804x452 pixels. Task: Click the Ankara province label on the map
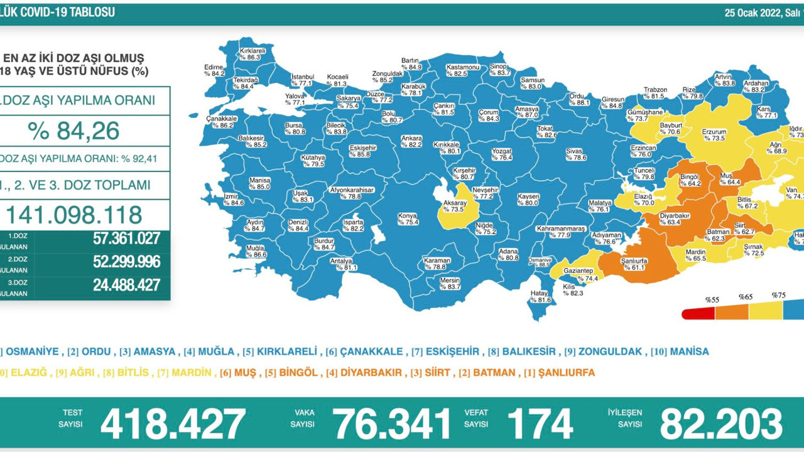point(411,141)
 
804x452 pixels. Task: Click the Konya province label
point(408,218)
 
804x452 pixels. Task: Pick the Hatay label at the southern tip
point(540,297)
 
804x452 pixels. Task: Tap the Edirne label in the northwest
point(214,70)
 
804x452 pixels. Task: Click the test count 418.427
point(173,424)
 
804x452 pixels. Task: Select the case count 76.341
point(391,424)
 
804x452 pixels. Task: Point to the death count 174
point(540,424)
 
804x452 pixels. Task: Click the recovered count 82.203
point(720,424)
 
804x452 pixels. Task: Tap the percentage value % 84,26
point(74,131)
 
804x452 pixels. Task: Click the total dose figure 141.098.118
point(74,215)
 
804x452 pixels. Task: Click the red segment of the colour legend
point(698,313)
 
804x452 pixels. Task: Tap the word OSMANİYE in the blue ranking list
point(32,352)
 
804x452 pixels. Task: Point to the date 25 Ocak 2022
point(751,13)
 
